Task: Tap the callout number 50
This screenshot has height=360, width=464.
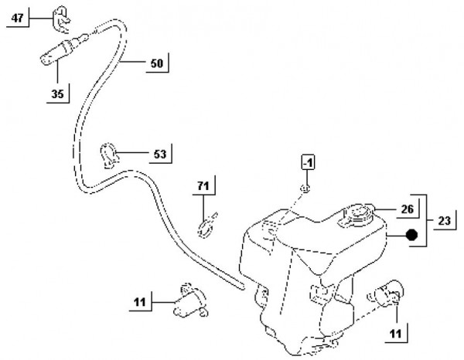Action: (156, 63)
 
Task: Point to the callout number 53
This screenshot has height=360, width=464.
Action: (159, 154)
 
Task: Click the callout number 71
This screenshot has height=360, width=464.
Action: (203, 186)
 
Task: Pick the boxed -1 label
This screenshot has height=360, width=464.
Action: (307, 163)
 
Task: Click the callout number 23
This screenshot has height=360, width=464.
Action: (445, 221)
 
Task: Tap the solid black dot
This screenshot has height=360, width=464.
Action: (411, 235)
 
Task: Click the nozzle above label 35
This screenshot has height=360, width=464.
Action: (55, 53)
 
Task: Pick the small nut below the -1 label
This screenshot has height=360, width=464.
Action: (307, 188)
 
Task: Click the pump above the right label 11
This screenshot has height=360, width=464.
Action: (386, 294)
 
